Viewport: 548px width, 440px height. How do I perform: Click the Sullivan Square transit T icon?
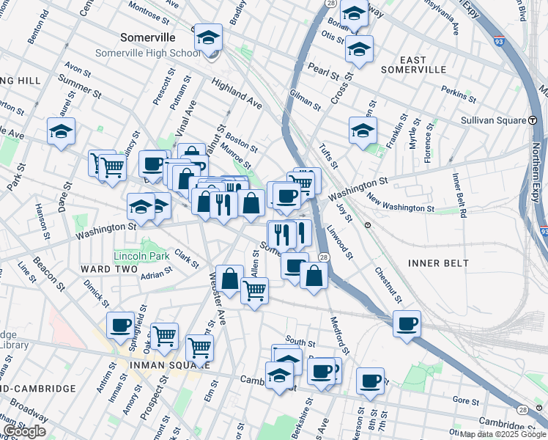(x=532, y=120)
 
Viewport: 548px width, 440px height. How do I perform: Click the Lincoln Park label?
(x=141, y=256)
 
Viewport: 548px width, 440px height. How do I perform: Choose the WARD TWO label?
(x=109, y=270)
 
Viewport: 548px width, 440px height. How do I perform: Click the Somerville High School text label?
(x=147, y=53)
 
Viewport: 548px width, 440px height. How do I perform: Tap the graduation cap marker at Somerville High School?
(x=209, y=38)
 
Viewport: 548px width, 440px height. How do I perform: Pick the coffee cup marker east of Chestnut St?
(x=407, y=323)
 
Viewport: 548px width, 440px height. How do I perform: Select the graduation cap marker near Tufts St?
(x=363, y=131)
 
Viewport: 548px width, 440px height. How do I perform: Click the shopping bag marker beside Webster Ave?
(x=229, y=279)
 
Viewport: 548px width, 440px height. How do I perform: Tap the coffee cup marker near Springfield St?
(x=121, y=325)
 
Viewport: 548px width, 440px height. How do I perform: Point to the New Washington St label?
(x=396, y=203)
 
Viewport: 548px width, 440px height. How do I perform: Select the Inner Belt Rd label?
(x=459, y=196)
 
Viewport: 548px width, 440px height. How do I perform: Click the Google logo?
(x=24, y=431)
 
